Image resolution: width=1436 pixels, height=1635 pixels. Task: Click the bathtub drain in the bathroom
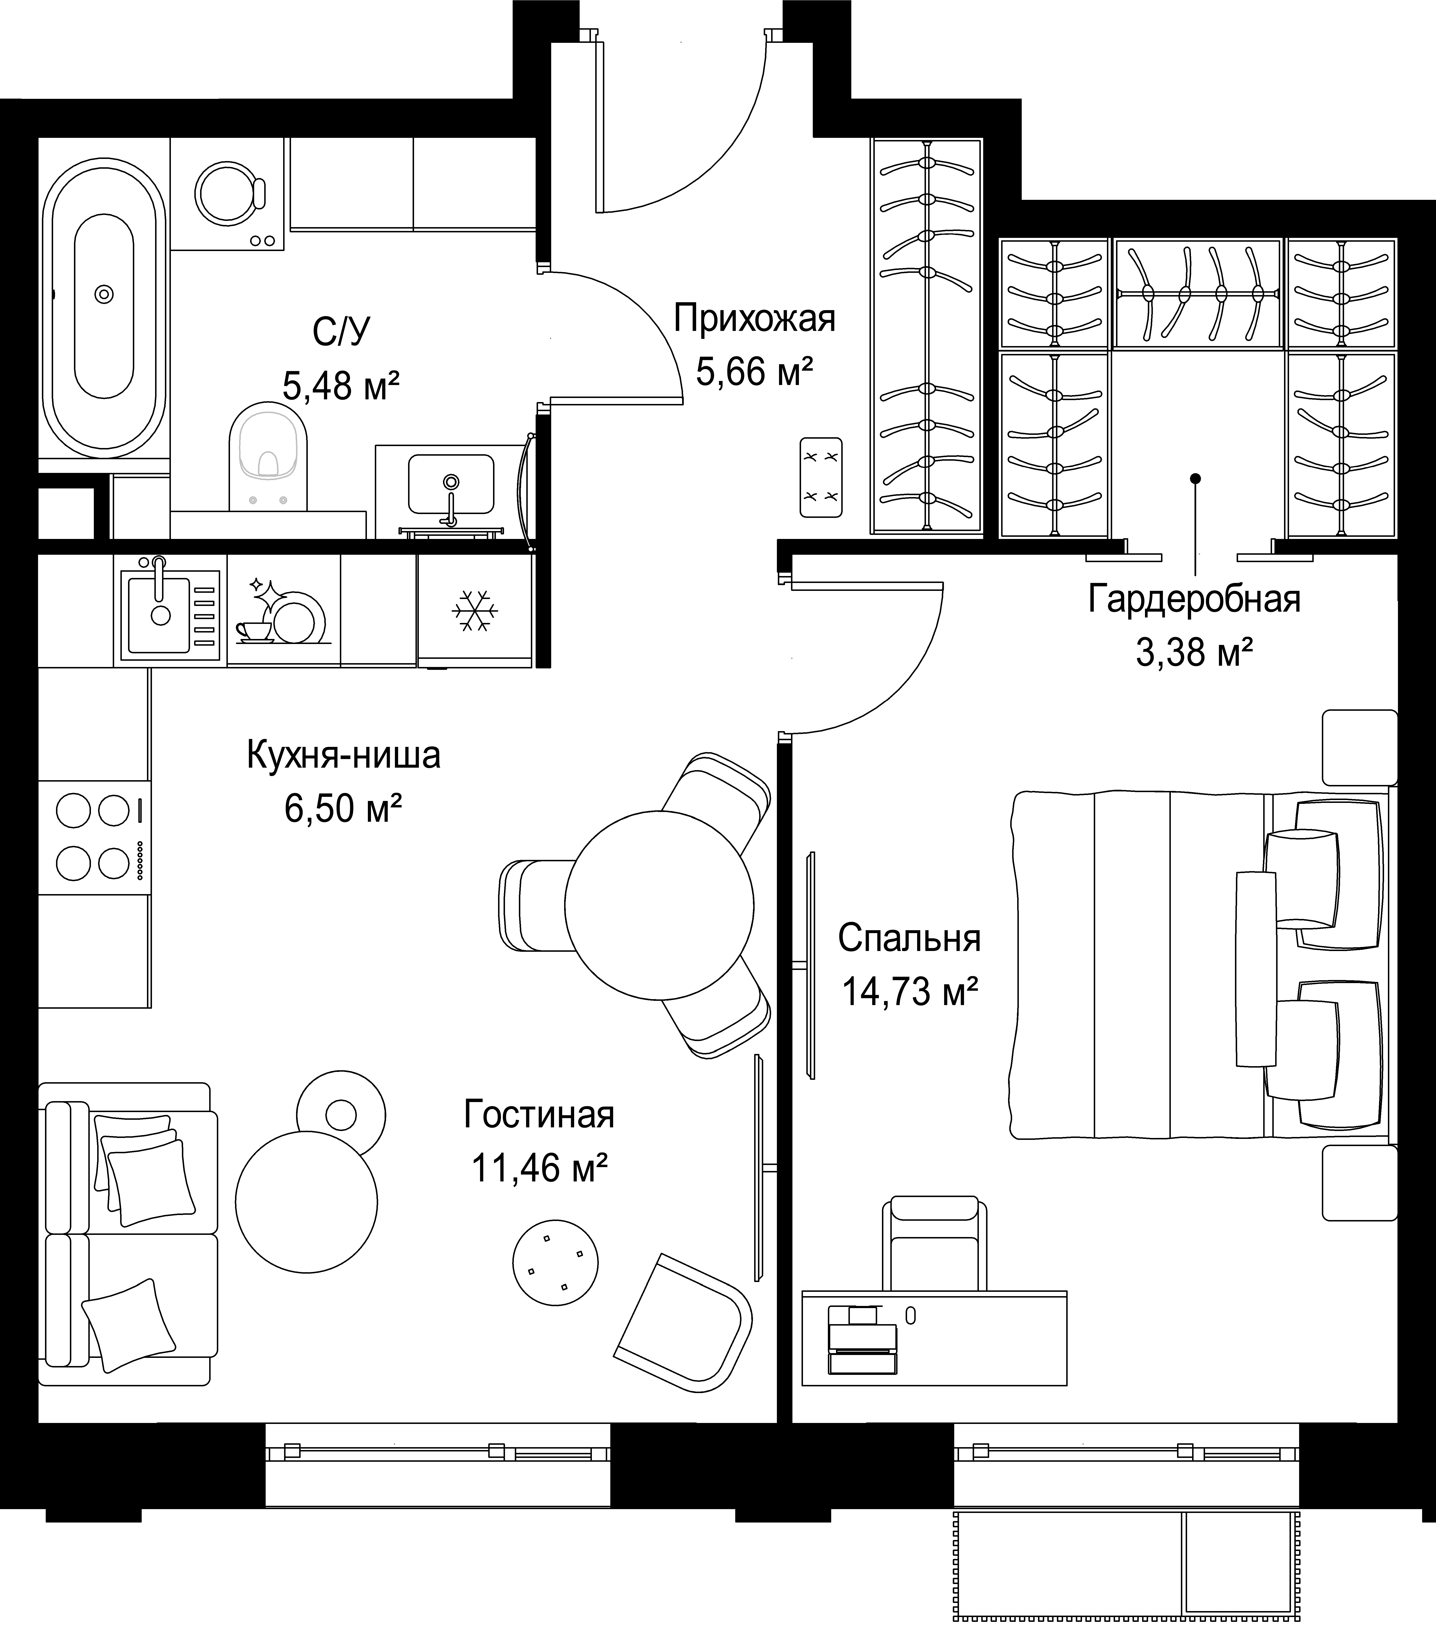coord(104,294)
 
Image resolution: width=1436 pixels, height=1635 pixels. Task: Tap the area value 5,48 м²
coord(341,386)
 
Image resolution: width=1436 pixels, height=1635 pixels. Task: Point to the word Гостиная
coord(539,1114)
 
